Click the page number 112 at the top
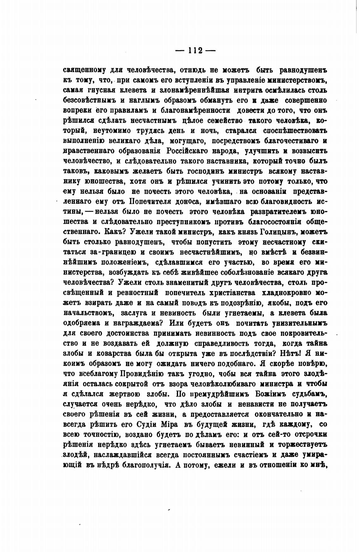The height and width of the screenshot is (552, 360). (195, 51)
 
